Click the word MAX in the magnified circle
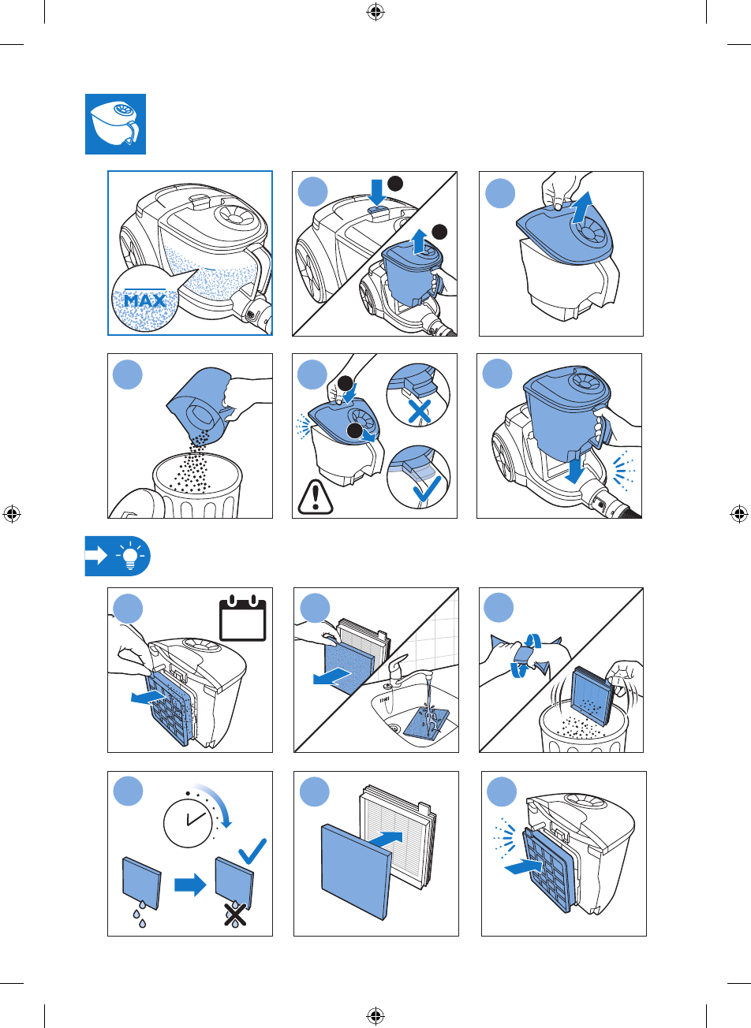(x=145, y=300)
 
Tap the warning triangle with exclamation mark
(x=315, y=497)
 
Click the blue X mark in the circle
(x=420, y=411)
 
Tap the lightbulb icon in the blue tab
(x=130, y=555)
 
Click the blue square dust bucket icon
(x=115, y=125)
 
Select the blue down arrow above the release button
(x=378, y=192)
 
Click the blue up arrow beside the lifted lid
(x=582, y=207)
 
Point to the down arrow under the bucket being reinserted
(x=574, y=469)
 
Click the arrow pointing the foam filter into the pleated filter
(x=386, y=840)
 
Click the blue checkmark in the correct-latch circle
(x=428, y=489)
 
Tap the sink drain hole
(x=393, y=728)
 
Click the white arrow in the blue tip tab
(x=96, y=556)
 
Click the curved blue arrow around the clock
(x=216, y=801)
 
